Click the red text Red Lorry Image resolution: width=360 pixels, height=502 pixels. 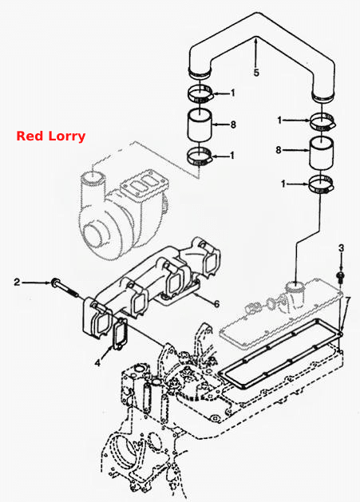[51, 136]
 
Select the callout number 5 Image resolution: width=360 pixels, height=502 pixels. [256, 73]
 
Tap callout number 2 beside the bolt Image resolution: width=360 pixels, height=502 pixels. [17, 282]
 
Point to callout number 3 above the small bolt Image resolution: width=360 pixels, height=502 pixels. [342, 247]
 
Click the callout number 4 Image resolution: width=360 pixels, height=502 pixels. [97, 363]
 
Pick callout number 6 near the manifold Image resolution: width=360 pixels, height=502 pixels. [217, 304]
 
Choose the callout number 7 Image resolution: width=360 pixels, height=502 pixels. [348, 300]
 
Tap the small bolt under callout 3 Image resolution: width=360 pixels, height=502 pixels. [341, 277]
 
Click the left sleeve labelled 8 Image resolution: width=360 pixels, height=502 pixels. [200, 125]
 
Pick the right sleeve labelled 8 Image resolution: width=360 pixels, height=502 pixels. [321, 153]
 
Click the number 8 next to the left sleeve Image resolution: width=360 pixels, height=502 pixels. [233, 125]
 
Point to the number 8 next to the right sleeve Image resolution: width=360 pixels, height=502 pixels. [279, 149]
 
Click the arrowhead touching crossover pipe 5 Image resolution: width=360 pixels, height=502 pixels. [256, 40]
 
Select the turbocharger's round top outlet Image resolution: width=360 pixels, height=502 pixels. [93, 176]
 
